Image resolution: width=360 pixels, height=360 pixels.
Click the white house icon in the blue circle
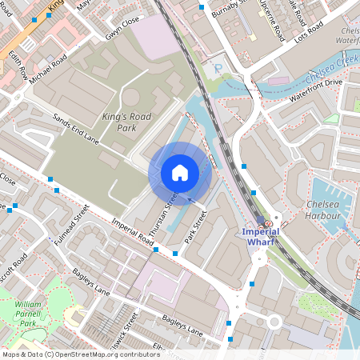click(x=180, y=173)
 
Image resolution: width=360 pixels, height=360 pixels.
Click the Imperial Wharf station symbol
click(x=267, y=222)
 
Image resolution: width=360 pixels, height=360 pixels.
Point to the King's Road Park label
click(x=126, y=122)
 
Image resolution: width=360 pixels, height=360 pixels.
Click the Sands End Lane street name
click(x=76, y=127)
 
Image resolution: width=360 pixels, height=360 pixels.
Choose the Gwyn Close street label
click(x=122, y=37)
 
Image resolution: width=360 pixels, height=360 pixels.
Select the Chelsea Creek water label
click(x=330, y=59)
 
